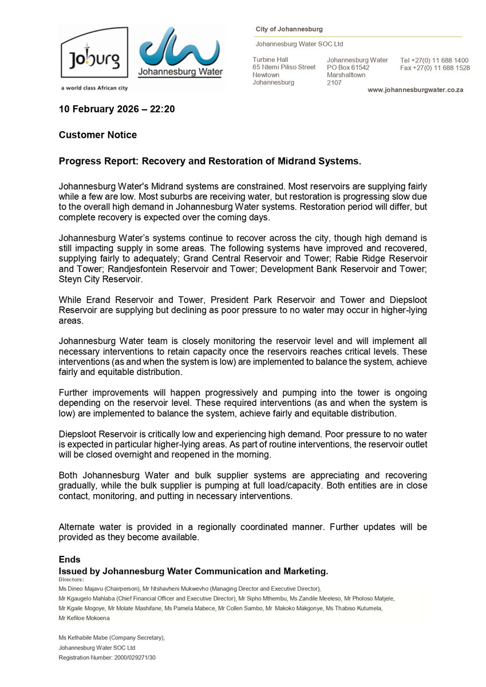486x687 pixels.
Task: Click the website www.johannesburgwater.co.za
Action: point(415,90)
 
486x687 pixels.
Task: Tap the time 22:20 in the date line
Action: point(163,109)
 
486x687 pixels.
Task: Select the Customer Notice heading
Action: point(98,135)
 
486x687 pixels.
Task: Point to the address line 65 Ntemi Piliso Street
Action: point(284,67)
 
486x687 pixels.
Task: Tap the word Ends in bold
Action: point(69,559)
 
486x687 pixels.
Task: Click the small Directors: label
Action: point(71,579)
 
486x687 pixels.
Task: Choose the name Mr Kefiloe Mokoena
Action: point(84,618)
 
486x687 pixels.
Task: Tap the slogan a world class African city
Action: point(94,88)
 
